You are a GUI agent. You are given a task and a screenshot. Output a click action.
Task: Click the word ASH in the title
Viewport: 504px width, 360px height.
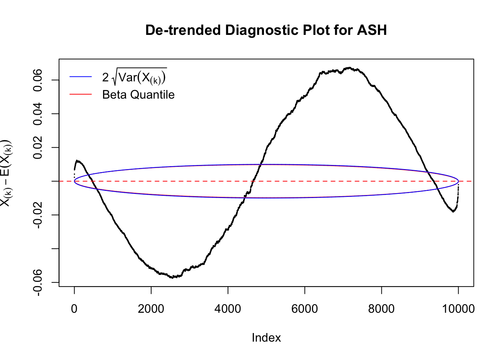tap(372, 30)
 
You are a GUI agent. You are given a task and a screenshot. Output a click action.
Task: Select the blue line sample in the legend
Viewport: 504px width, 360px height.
tap(81, 77)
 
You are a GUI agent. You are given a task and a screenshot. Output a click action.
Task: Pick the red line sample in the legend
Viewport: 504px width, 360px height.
tap(81, 94)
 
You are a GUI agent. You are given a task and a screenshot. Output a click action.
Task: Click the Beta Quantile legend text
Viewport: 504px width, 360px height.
tap(138, 94)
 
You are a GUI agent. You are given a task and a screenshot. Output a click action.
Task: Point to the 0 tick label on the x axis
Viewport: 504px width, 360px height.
tap(74, 309)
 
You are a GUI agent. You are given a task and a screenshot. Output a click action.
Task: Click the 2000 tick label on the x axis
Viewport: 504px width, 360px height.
tap(151, 309)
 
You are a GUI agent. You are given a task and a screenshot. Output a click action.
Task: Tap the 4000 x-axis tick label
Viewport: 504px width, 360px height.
tap(228, 309)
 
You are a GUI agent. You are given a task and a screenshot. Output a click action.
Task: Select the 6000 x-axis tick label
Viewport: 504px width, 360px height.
tap(304, 309)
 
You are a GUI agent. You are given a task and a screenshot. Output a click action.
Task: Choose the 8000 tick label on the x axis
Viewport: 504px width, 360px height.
tap(381, 309)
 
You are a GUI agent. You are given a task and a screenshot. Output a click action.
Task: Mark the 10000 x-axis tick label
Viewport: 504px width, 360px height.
tap(458, 309)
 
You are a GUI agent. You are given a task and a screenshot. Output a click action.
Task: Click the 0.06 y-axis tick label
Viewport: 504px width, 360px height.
tap(38, 80)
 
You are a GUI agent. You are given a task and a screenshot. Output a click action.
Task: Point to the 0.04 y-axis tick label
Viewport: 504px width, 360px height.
tap(38, 114)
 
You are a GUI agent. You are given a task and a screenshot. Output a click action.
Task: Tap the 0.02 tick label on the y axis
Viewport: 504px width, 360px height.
tap(38, 147)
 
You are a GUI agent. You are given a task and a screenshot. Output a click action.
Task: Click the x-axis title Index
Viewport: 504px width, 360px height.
tap(266, 338)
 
